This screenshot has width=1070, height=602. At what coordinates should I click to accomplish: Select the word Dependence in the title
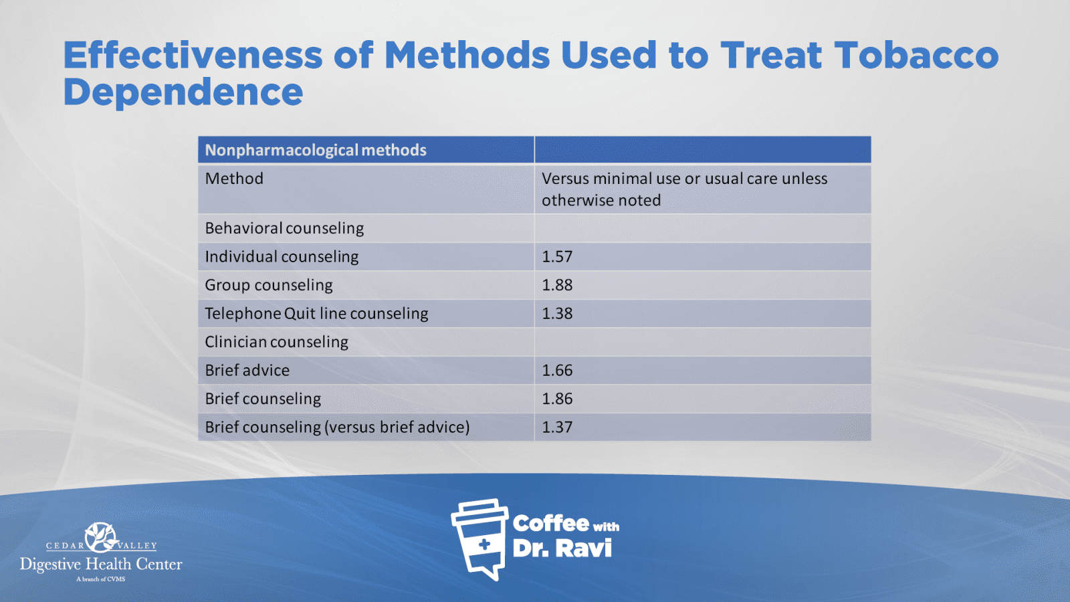pyautogui.click(x=183, y=92)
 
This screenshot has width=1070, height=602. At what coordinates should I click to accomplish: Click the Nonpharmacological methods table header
pyautogui.click(x=315, y=150)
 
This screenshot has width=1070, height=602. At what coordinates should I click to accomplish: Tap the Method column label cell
pyautogui.click(x=234, y=179)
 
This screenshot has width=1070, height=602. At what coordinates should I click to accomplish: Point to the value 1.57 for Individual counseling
pyautogui.click(x=557, y=257)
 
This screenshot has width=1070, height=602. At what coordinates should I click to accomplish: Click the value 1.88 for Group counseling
pyautogui.click(x=557, y=285)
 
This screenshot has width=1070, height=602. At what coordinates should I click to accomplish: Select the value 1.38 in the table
pyautogui.click(x=557, y=314)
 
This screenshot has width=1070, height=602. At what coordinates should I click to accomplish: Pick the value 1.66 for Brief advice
pyautogui.click(x=557, y=371)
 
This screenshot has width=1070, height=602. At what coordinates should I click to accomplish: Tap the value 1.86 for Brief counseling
pyautogui.click(x=557, y=399)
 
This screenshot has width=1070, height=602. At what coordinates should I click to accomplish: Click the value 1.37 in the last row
pyautogui.click(x=557, y=427)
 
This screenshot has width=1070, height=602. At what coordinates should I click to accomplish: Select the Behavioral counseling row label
pyautogui.click(x=284, y=228)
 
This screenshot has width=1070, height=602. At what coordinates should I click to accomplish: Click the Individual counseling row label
pyautogui.click(x=282, y=257)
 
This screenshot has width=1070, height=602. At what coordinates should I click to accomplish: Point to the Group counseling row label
pyautogui.click(x=268, y=285)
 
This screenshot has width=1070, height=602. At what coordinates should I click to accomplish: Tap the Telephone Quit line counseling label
pyautogui.click(x=316, y=314)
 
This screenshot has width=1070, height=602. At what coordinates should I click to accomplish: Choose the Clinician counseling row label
pyautogui.click(x=277, y=342)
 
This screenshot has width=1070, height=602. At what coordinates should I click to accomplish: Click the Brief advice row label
pyautogui.click(x=247, y=371)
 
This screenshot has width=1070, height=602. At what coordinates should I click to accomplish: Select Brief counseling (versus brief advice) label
pyautogui.click(x=337, y=427)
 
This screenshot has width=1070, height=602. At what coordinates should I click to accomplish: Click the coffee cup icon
pyautogui.click(x=479, y=539)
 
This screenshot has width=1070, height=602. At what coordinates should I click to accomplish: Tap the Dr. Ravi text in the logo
pyautogui.click(x=562, y=548)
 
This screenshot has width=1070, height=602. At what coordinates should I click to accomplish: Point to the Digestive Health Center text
pyautogui.click(x=101, y=565)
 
